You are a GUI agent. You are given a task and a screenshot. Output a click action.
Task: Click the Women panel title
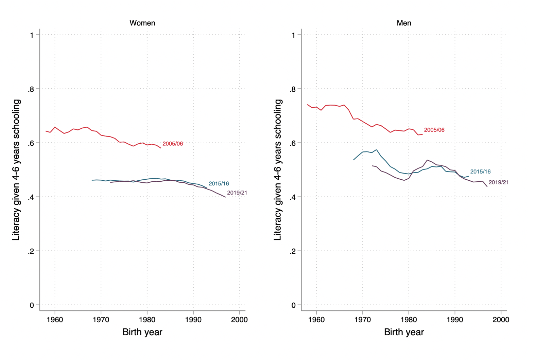click(x=142, y=23)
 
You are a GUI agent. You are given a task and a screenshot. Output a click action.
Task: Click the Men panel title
click(x=404, y=23)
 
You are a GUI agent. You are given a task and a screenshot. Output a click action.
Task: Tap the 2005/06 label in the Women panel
click(x=173, y=144)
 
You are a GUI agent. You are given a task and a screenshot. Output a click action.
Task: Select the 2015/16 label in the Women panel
click(x=219, y=184)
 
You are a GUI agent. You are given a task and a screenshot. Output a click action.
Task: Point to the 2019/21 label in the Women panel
click(x=237, y=193)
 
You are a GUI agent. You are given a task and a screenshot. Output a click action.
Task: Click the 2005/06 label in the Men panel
click(x=434, y=130)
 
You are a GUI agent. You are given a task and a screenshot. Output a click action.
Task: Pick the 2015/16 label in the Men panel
click(x=480, y=172)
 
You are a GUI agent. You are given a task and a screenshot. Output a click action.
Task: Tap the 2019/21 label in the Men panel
click(x=499, y=183)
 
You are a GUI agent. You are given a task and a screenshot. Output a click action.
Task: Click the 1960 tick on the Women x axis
click(x=55, y=320)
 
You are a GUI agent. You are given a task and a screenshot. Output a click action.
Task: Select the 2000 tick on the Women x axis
click(x=239, y=320)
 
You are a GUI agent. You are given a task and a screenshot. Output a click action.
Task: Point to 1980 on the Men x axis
click(x=409, y=320)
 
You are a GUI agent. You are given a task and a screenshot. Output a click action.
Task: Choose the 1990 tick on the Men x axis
click(x=455, y=320)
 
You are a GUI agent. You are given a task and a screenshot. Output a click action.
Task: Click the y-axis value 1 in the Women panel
click(x=32, y=35)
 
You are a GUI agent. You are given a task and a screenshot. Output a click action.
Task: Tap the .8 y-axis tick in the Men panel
click(x=293, y=89)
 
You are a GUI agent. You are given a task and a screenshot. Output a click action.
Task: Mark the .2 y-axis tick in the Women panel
click(x=31, y=251)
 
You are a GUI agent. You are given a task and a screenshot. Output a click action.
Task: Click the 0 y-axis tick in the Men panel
click(x=294, y=305)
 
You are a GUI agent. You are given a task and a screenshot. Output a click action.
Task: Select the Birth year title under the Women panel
click(x=142, y=332)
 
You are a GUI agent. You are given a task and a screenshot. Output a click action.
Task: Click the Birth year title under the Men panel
click(x=404, y=332)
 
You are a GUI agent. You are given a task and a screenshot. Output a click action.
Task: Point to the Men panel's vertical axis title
click(x=278, y=170)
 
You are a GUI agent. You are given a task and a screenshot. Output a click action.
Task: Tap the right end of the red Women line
click(x=161, y=148)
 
